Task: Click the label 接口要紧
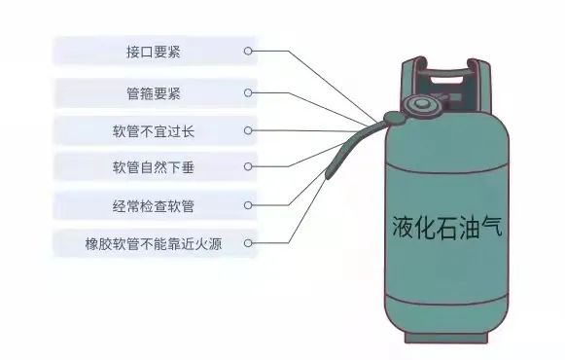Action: (x=153, y=51)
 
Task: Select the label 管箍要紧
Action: (x=153, y=93)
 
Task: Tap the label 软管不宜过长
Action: (x=153, y=130)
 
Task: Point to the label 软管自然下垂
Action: (x=153, y=167)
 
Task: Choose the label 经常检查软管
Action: (x=153, y=205)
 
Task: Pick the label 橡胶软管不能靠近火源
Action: (x=153, y=243)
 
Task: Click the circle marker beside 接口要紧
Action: (x=249, y=51)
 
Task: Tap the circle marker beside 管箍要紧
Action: (x=249, y=93)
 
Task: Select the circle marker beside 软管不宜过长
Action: (x=249, y=130)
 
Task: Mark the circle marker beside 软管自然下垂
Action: (x=249, y=167)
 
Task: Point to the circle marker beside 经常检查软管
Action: (x=249, y=205)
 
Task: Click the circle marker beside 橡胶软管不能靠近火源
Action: (x=249, y=243)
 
